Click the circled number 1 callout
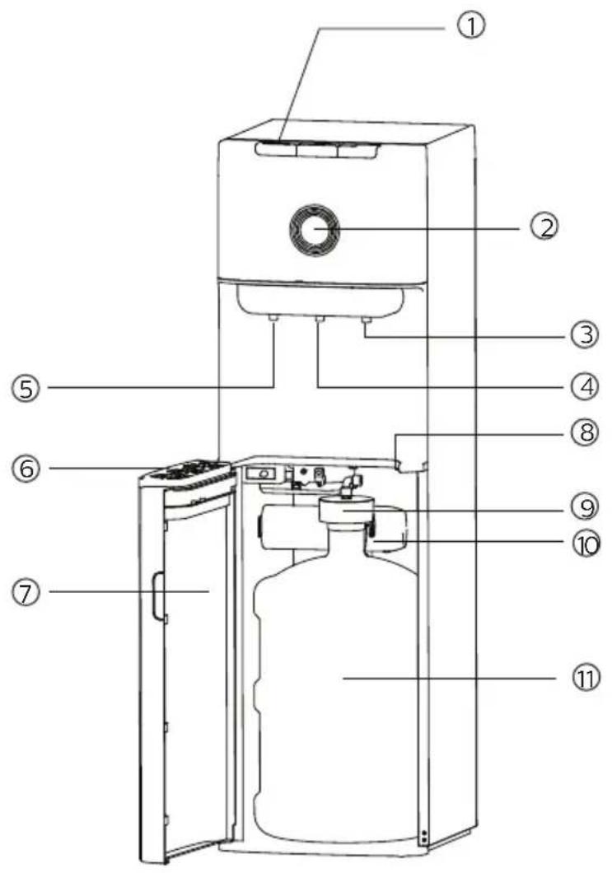point(471,25)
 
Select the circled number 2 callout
point(544,227)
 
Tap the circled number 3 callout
point(584,334)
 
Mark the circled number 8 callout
point(584,432)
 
